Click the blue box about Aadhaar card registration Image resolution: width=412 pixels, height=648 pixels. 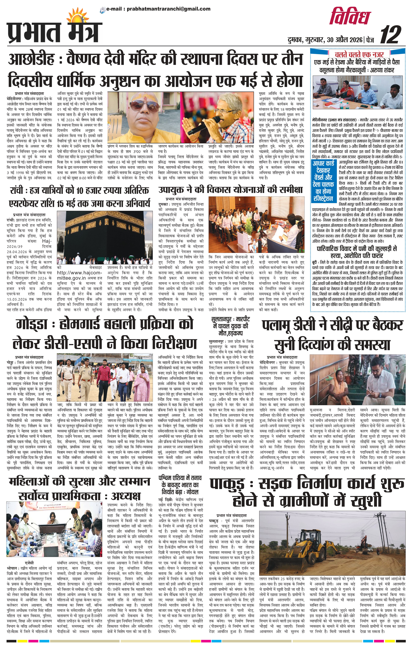323,181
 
